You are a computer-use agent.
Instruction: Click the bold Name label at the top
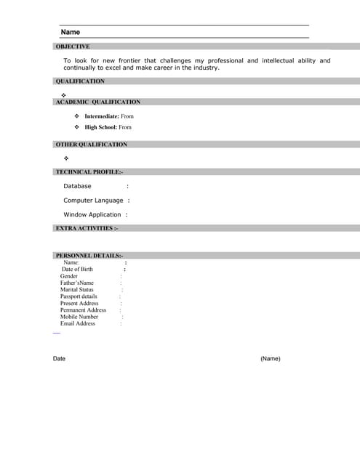[x=71, y=32]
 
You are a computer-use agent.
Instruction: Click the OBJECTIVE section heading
[x=73, y=46]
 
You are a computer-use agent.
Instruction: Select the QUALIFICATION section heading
[x=80, y=81]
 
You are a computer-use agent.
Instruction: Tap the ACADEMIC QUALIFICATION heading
[x=98, y=102]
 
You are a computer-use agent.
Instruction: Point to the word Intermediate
[x=101, y=116]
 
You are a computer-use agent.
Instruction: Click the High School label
[x=100, y=127]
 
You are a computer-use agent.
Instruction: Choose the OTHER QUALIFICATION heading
[x=92, y=145]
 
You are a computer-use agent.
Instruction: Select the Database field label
[x=77, y=186]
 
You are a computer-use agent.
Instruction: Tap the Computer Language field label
[x=93, y=201]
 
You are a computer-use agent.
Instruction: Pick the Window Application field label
[x=92, y=215]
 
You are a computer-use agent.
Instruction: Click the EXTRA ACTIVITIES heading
[x=87, y=228]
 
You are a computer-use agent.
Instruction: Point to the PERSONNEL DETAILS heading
[x=89, y=256]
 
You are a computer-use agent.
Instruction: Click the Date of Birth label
[x=77, y=270]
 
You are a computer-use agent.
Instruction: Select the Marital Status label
[x=77, y=290]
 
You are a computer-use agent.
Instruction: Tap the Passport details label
[x=79, y=296]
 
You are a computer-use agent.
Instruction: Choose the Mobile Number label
[x=79, y=317]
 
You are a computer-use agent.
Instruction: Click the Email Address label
[x=78, y=323]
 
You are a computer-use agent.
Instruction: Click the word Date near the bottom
[x=59, y=359]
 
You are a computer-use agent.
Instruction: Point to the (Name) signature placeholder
[x=270, y=359]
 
